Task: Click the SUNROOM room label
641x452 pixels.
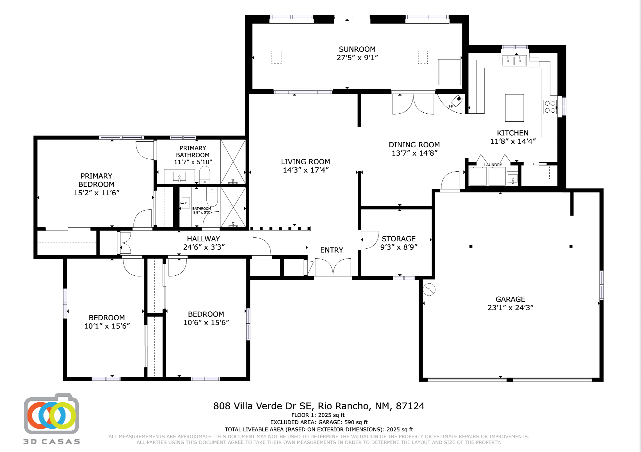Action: (357, 49)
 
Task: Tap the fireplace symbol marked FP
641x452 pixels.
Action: (457, 101)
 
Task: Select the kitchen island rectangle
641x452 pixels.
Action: (514, 108)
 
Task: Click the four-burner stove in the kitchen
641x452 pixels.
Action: (550, 107)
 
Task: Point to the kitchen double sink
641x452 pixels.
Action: (514, 60)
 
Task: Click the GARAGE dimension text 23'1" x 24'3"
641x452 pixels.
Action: (510, 307)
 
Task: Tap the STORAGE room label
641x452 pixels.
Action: (398, 239)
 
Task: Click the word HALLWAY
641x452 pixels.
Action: (203, 239)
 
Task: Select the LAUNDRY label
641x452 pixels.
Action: (493, 165)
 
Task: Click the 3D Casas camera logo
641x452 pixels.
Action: (51, 414)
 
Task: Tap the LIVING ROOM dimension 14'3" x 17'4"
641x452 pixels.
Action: (306, 170)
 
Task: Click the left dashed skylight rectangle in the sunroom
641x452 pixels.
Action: (276, 57)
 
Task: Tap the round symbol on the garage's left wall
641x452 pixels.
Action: (429, 290)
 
